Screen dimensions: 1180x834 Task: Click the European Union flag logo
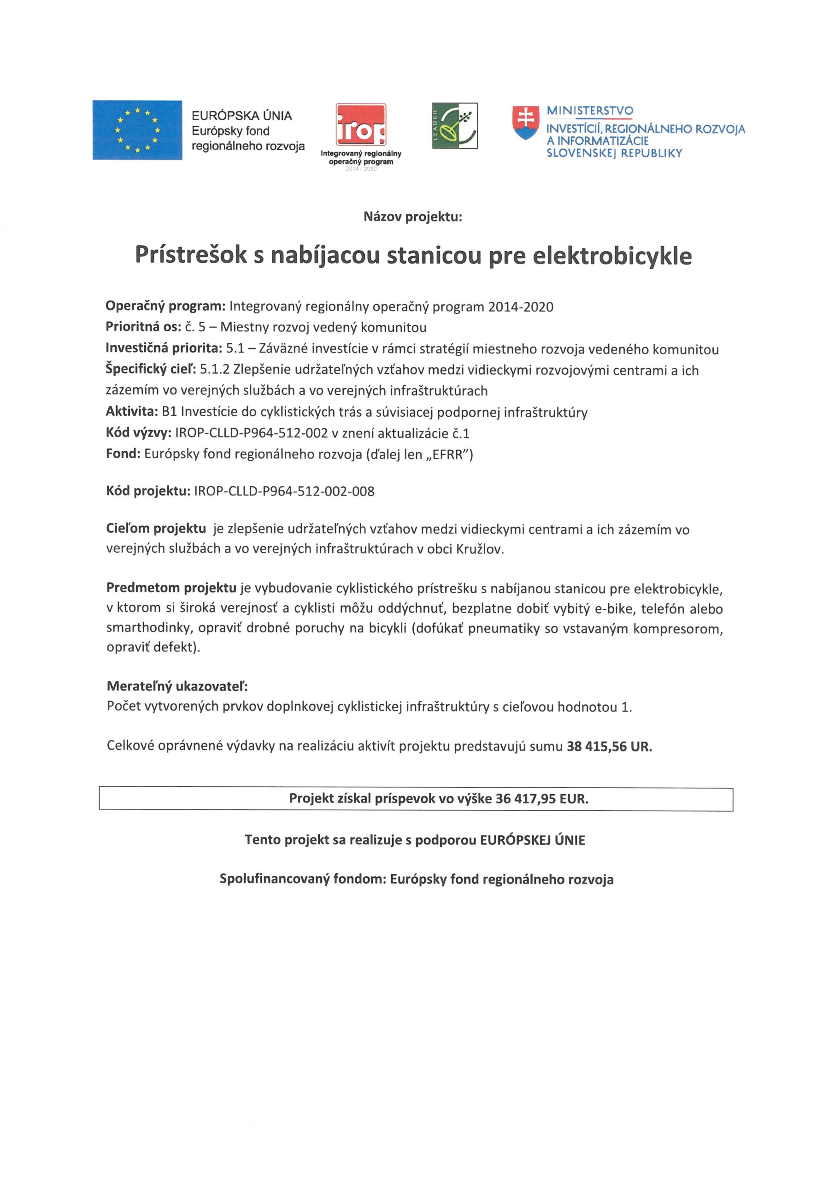tap(137, 130)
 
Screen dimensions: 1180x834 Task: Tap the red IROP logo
tap(361, 125)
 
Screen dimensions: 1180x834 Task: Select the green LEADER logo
tap(454, 126)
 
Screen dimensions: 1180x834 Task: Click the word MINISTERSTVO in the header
tap(589, 111)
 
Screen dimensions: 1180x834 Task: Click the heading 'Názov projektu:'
tap(413, 217)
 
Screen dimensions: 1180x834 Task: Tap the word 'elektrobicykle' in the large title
tap(612, 256)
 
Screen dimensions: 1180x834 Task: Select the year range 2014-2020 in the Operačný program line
tap(521, 307)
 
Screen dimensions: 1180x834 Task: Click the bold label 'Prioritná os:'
tap(143, 327)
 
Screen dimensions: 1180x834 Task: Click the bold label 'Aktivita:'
tap(131, 412)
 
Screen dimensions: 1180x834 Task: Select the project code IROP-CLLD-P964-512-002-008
tap(284, 491)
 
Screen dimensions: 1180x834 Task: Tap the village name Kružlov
tap(479, 549)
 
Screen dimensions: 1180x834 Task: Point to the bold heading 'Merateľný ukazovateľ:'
tap(177, 686)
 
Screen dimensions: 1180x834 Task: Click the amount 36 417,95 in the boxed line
tap(525, 799)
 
